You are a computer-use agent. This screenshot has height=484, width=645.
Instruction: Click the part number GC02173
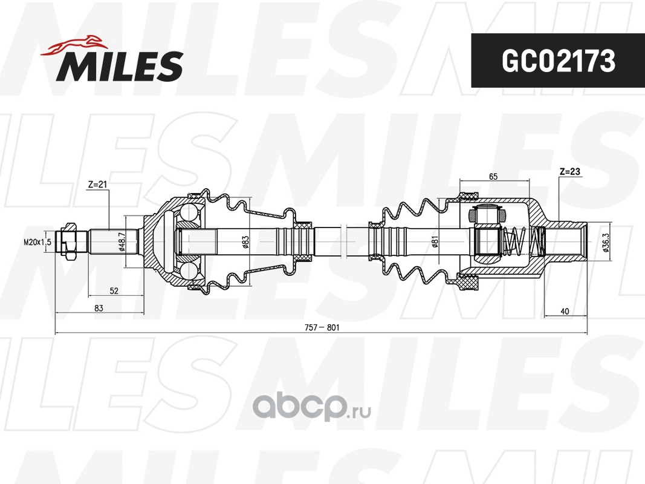point(558,61)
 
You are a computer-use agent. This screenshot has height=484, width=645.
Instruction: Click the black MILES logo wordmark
point(120,66)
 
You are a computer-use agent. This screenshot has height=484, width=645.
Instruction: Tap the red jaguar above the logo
point(74,45)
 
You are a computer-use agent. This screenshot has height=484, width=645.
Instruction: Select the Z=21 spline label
point(97,185)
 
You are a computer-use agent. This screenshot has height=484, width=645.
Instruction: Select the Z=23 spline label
point(569,172)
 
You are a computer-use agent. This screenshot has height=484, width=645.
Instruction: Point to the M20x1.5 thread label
point(37,242)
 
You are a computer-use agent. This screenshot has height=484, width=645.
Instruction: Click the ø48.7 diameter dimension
point(122,241)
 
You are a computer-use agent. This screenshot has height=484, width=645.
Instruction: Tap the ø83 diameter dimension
point(245,241)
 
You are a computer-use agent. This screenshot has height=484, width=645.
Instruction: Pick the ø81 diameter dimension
point(435,241)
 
